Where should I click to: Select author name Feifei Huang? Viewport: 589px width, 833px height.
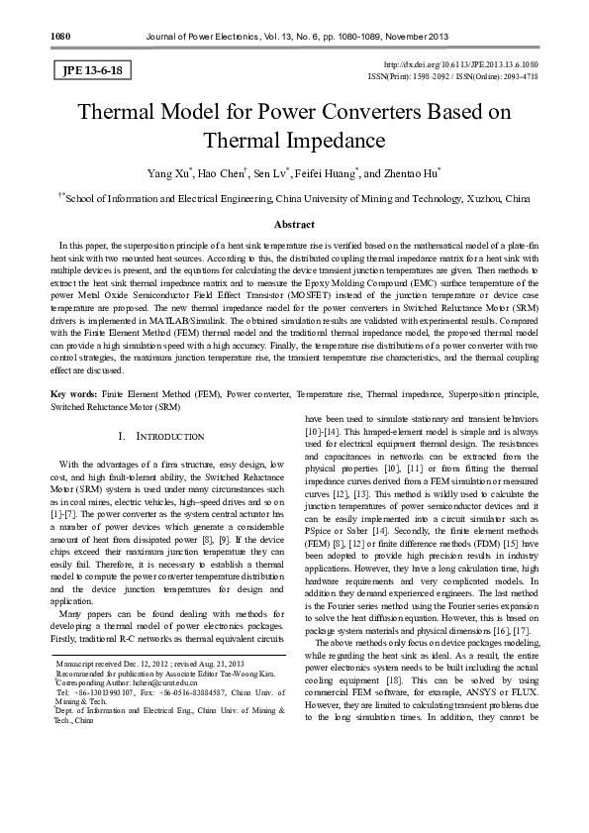tap(326, 174)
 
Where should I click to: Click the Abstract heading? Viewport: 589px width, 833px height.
tap(294, 225)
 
